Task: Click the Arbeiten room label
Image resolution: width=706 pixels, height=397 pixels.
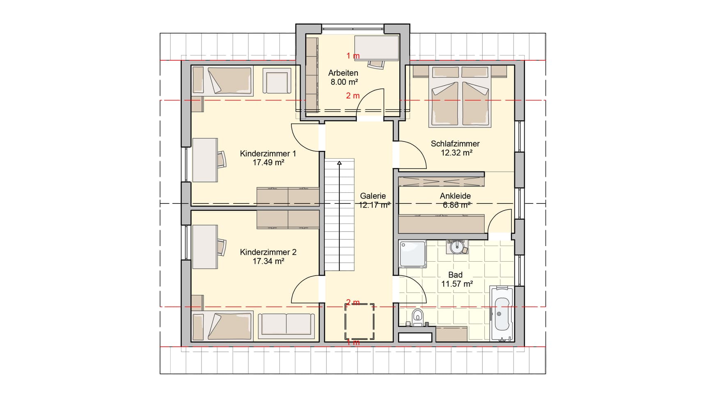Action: [x=343, y=73]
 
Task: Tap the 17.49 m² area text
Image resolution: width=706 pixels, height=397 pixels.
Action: [x=268, y=163]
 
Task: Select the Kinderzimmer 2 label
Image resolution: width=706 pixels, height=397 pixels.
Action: [x=268, y=252]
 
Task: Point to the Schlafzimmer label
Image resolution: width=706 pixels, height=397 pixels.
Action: [x=455, y=144]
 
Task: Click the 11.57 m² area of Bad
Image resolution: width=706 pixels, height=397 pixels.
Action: [x=457, y=284]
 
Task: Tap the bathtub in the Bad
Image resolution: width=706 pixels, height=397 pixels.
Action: [x=502, y=314]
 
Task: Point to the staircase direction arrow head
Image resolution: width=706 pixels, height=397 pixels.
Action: [x=339, y=163]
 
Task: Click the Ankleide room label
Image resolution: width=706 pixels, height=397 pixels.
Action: [x=455, y=196]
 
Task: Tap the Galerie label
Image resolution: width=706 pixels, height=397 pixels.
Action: [x=373, y=196]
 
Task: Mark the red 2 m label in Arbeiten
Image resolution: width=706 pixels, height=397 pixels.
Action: [x=353, y=96]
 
